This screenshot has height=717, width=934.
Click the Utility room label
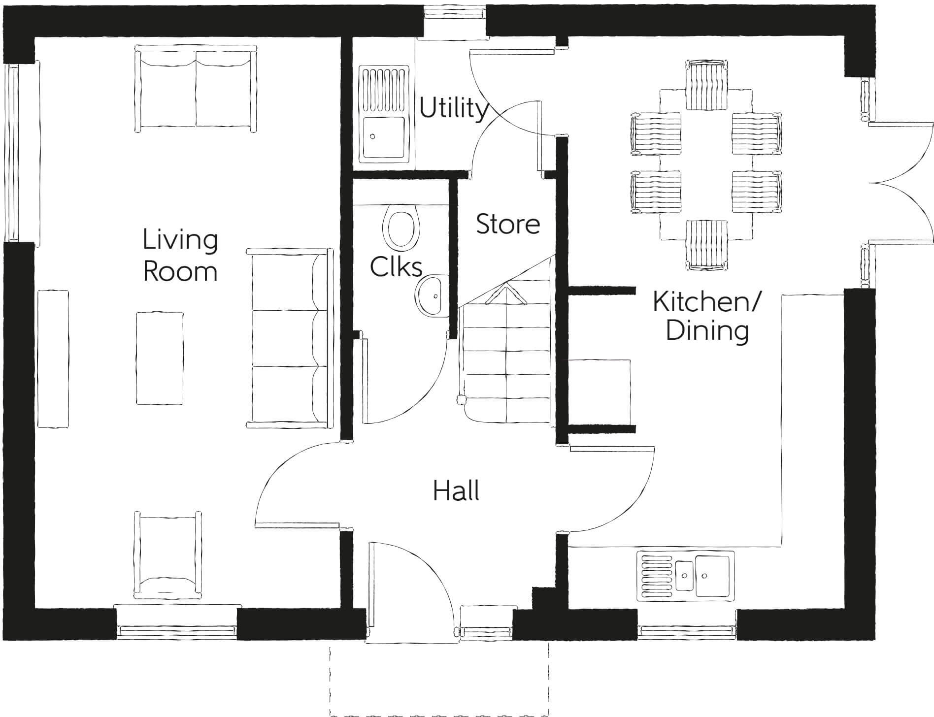click(453, 108)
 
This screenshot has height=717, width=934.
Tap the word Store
click(508, 224)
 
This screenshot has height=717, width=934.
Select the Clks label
click(396, 267)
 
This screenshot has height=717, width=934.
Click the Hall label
click(456, 491)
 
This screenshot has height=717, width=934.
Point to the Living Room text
click(180, 256)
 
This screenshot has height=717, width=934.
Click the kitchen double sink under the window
click(685, 576)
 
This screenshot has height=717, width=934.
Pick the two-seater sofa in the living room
click(196, 89)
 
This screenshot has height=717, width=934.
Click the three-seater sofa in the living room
click(290, 338)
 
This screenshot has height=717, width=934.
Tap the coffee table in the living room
click(160, 358)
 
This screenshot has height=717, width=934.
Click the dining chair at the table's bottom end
click(706, 245)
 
